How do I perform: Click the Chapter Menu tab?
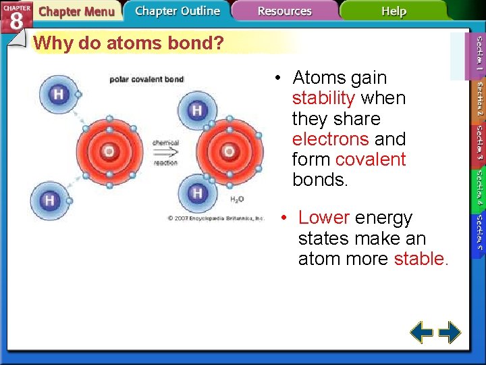(76, 11)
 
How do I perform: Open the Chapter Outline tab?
(177, 11)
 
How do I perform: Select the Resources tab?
(284, 11)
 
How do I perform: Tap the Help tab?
(394, 11)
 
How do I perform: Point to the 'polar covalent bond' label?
(146, 79)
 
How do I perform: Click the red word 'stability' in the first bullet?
(323, 99)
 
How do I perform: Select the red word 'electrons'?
(330, 139)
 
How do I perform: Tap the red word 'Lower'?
(323, 218)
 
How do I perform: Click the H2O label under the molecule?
(237, 199)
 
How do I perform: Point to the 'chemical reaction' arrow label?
(165, 152)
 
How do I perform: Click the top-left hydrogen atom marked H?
(59, 94)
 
